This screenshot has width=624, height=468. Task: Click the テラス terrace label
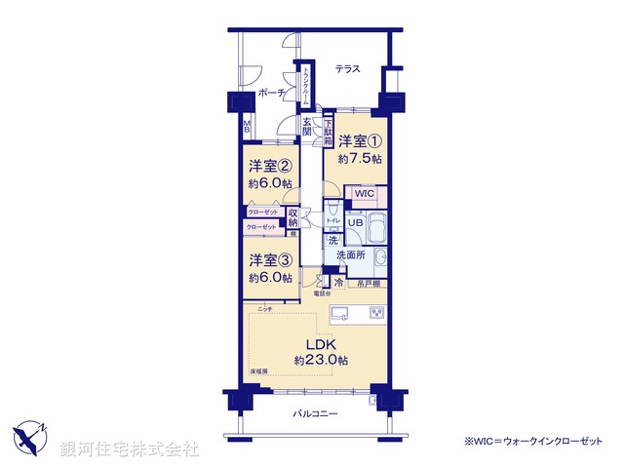347,69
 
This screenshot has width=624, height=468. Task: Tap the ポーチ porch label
271,93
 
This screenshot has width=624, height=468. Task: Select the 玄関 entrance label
307,126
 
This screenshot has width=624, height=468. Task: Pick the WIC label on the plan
365,193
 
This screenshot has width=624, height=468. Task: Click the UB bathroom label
358,222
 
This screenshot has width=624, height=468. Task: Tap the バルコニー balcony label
315,414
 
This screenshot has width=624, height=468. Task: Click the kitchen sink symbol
342,312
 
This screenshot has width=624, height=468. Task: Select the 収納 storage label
293,218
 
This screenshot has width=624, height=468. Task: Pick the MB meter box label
248,126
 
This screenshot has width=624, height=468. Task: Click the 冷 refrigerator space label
338,284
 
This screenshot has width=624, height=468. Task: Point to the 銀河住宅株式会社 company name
130,448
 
